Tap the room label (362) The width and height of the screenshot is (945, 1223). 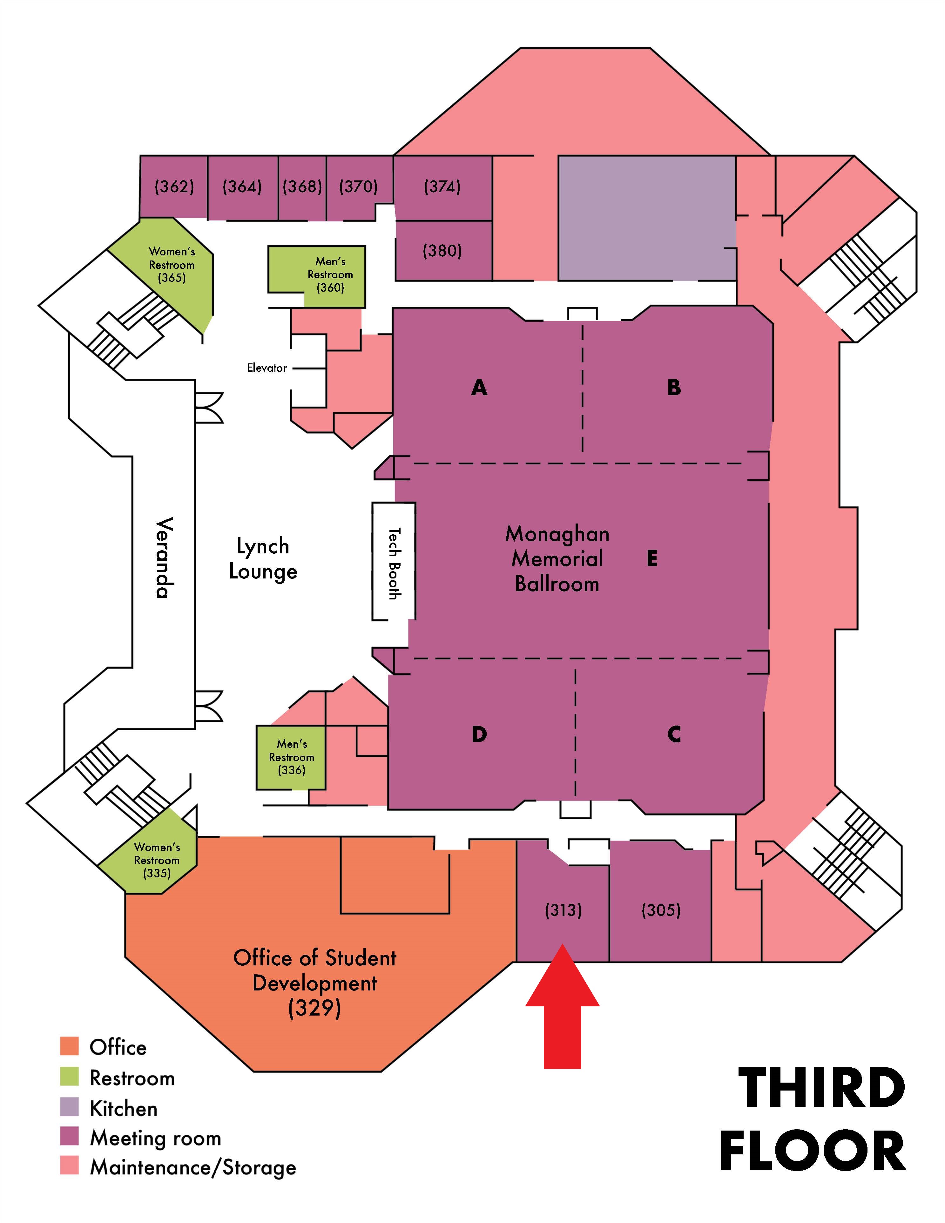pos(174,186)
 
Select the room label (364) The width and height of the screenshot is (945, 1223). pos(242,186)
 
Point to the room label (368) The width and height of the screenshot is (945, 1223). pos(302,186)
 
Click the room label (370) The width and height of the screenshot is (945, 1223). pos(358,186)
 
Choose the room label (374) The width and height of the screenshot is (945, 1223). pos(442,186)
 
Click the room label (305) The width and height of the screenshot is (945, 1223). pos(661,910)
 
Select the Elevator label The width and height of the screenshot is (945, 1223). pos(267,368)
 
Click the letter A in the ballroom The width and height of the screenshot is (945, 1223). pos(479,388)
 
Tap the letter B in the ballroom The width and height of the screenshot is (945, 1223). pos(674,388)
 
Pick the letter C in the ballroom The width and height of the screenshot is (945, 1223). pos(674,734)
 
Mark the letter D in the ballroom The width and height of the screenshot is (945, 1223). pos(479,734)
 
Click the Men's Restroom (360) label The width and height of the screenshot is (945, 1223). pos(330,274)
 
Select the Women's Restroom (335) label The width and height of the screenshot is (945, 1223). pos(157,860)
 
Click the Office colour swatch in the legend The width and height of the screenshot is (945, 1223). pos(70,1047)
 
